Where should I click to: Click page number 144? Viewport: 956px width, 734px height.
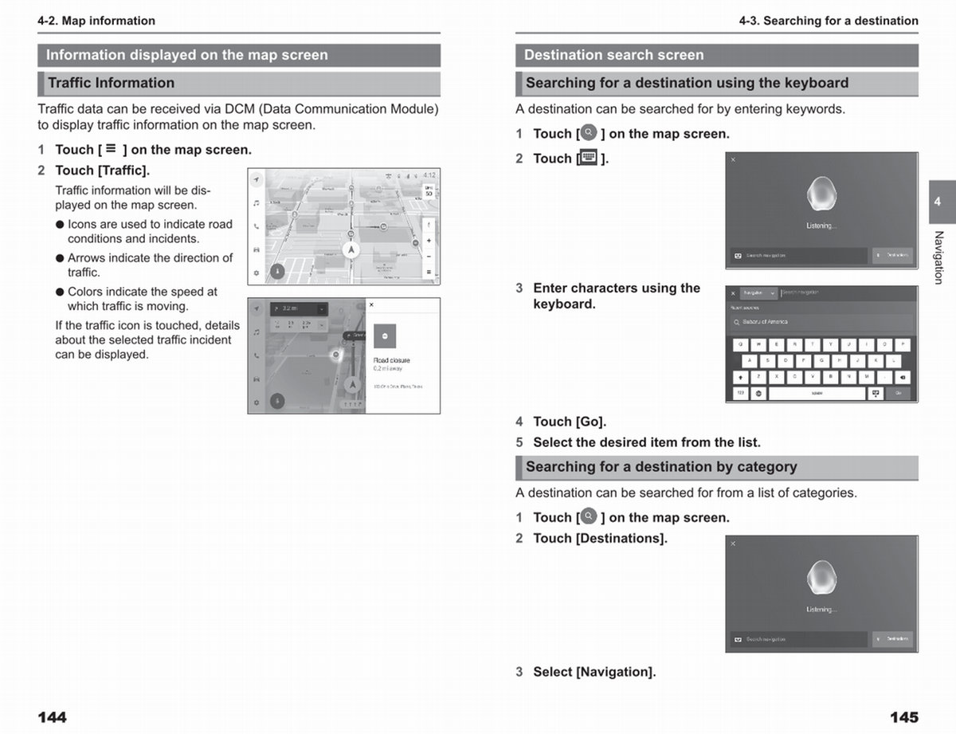[x=53, y=717]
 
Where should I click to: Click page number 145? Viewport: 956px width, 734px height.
[x=903, y=717]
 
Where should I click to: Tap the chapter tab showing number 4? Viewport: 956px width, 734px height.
[x=937, y=202]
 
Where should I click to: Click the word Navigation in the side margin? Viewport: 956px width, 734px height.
[x=938, y=257]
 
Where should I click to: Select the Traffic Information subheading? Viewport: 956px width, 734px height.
[x=111, y=83]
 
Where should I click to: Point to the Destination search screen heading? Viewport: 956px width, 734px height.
[x=613, y=55]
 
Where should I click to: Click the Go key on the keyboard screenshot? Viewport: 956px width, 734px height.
[x=898, y=394]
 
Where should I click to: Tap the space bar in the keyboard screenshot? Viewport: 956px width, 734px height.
[x=817, y=394]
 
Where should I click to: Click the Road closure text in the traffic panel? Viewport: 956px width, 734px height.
[x=392, y=360]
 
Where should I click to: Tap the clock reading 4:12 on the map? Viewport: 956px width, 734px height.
[x=429, y=175]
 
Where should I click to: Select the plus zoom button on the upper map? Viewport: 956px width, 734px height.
[x=429, y=241]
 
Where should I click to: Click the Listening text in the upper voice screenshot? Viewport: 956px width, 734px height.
[x=821, y=226]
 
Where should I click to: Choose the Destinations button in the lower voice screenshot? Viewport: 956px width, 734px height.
[x=893, y=639]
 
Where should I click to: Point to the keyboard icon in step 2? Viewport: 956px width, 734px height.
[x=589, y=157]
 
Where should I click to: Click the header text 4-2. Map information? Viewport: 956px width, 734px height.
[x=96, y=21]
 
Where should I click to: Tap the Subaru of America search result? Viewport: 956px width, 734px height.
[x=765, y=322]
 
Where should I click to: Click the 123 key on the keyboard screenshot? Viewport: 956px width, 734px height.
[x=740, y=394]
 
